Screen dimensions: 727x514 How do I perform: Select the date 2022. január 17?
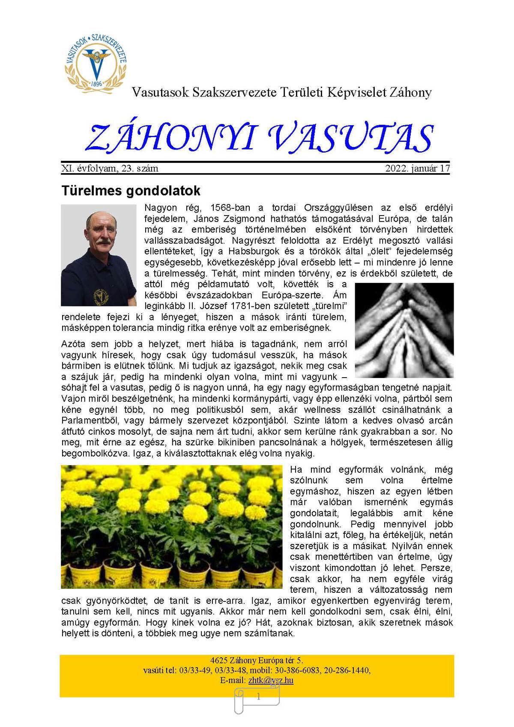[417, 168]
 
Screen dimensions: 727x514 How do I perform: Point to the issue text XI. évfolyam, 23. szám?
[110, 168]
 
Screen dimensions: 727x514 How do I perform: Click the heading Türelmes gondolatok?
[131, 190]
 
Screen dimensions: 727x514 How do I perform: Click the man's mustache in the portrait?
[102, 242]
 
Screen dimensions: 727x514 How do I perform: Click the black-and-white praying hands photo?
[404, 330]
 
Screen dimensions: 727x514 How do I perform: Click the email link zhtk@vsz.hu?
[271, 680]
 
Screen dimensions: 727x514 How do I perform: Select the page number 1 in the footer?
[258, 697]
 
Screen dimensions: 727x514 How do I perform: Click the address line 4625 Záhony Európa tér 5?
[257, 660]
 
